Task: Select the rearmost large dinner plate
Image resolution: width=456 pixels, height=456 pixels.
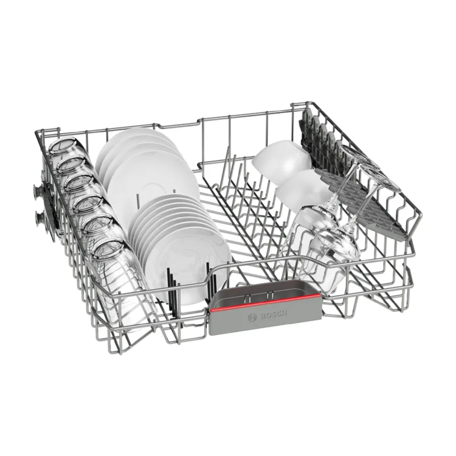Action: [131, 140]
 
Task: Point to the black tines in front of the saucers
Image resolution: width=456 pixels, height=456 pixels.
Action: [173, 286]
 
